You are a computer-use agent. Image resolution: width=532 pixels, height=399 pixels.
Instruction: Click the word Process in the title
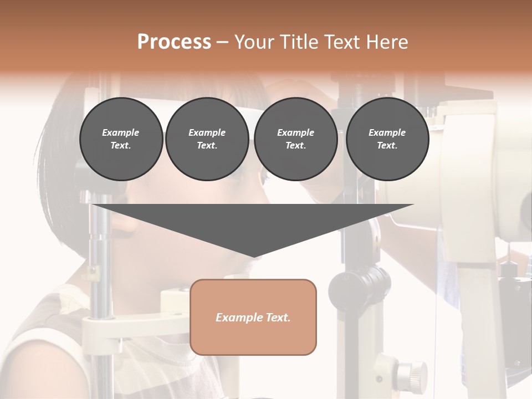point(174,42)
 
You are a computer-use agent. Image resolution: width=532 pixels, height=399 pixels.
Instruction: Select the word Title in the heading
point(300,42)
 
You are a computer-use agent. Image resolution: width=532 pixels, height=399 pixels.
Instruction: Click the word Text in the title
point(342,42)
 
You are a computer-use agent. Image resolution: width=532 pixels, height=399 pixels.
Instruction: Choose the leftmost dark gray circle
point(121,139)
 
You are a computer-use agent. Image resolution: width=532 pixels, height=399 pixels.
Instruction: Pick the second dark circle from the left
point(207,139)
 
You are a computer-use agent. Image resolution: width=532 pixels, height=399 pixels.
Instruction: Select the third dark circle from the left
point(295,139)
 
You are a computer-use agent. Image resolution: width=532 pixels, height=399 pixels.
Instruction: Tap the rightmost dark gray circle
point(387,139)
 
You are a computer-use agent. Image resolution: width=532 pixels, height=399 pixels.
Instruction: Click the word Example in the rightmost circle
point(387,132)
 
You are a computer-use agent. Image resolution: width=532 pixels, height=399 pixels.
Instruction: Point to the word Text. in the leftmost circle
point(121,146)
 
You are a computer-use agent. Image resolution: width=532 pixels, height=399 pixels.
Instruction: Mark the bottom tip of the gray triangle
point(253,258)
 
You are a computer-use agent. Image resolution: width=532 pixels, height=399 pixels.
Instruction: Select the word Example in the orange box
point(236,318)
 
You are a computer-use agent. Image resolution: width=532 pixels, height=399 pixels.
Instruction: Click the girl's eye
point(264,178)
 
